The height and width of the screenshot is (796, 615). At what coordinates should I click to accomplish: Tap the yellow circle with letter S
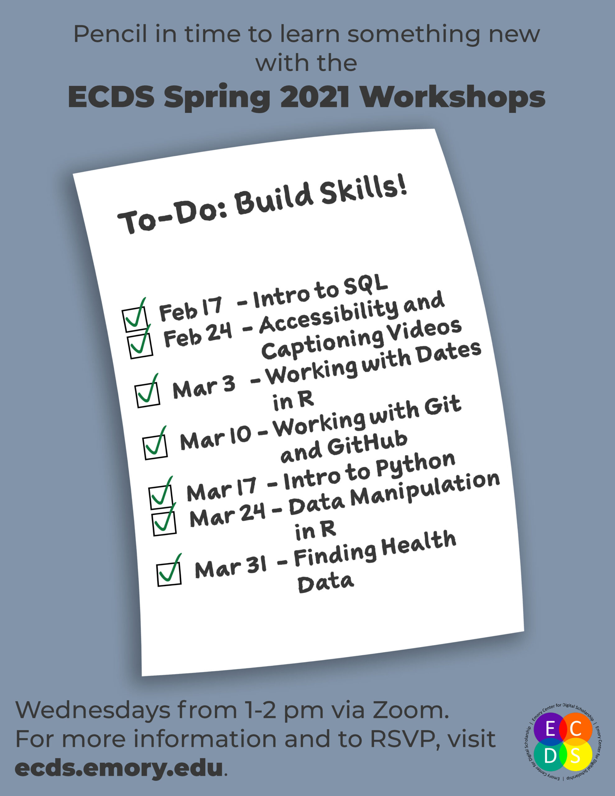click(575, 756)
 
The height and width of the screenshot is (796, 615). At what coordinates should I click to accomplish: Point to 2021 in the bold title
click(314, 97)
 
